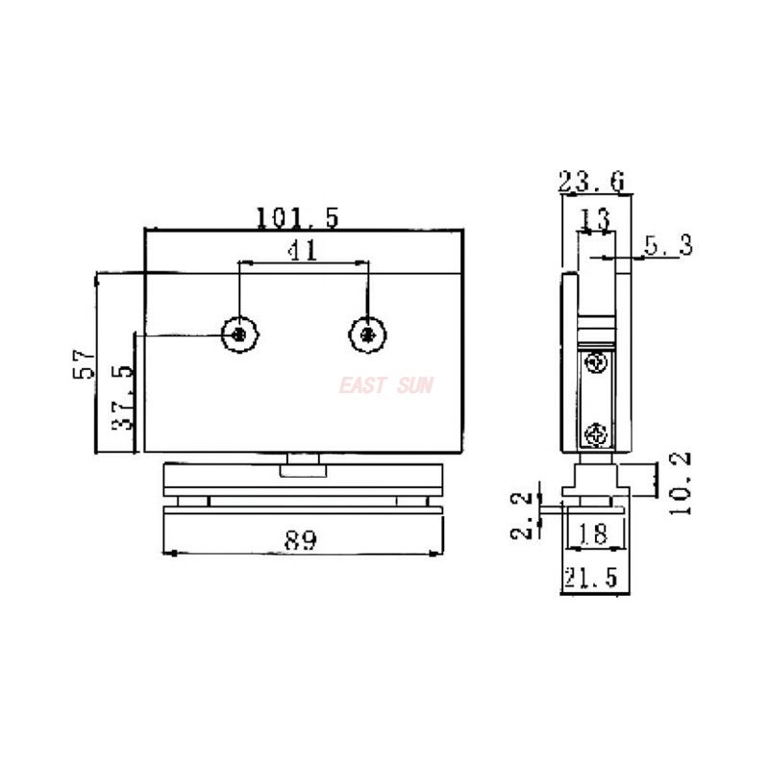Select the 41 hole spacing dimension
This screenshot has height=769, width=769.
(303, 250)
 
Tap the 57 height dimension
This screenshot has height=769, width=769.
(85, 365)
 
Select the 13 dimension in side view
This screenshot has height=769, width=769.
(594, 218)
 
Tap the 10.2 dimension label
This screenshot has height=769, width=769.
(682, 484)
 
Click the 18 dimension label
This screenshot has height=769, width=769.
(594, 533)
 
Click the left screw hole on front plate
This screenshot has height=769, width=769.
(239, 334)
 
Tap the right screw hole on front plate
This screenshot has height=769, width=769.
(367, 334)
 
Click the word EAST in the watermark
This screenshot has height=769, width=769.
(362, 385)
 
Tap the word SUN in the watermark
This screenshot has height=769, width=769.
(416, 385)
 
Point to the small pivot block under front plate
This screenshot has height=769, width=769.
(304, 470)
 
